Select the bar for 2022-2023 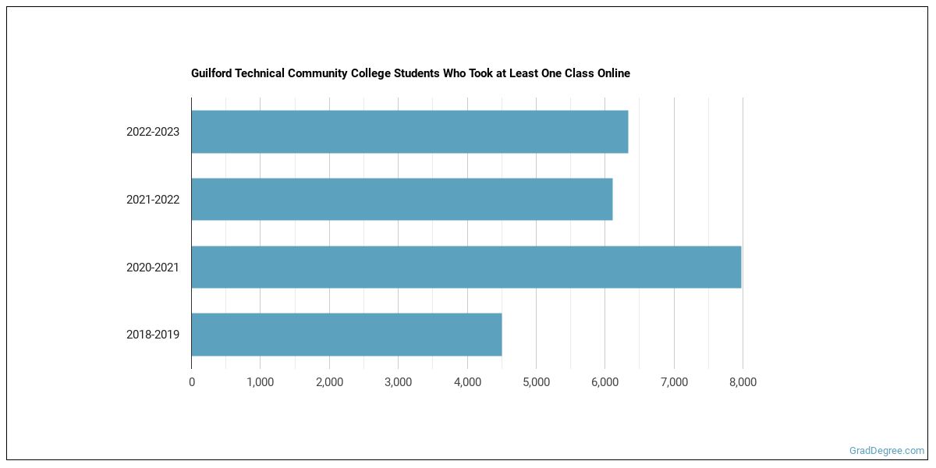point(409,132)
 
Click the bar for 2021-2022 point(402,200)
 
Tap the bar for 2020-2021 point(466,268)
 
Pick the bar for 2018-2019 point(346,335)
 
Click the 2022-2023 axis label point(153,132)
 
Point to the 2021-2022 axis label point(153,200)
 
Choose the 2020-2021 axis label point(153,268)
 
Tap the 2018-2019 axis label point(153,335)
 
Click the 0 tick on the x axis point(192,382)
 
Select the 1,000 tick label point(261,382)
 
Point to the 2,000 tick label point(329,382)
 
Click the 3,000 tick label point(398,382)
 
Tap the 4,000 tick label point(467,382)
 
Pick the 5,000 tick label point(536,382)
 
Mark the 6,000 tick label point(604,382)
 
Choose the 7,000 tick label point(674,382)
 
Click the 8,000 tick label point(743,382)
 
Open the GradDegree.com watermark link point(886,451)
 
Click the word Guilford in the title point(212,73)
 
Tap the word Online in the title point(612,73)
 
